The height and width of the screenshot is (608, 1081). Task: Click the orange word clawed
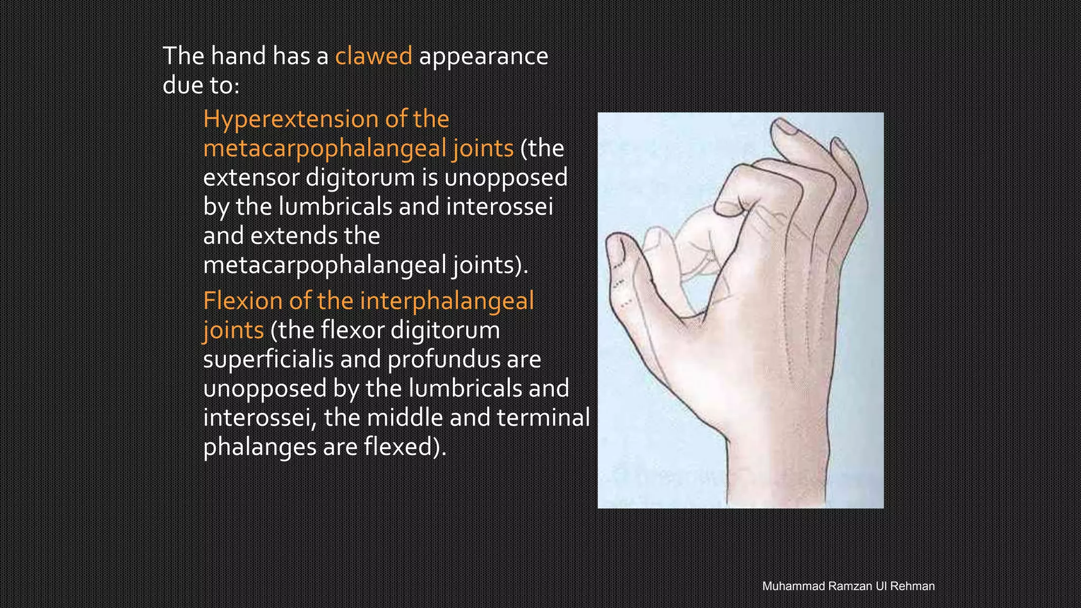coord(373,56)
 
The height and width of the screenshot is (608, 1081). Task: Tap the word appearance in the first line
coord(483,56)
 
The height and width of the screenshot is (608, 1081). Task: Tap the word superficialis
coord(268,359)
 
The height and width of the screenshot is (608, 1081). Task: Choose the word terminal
coord(543,417)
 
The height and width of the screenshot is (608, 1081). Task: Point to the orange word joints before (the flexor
coord(233,330)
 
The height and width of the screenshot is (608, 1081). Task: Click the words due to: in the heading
coord(201,85)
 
